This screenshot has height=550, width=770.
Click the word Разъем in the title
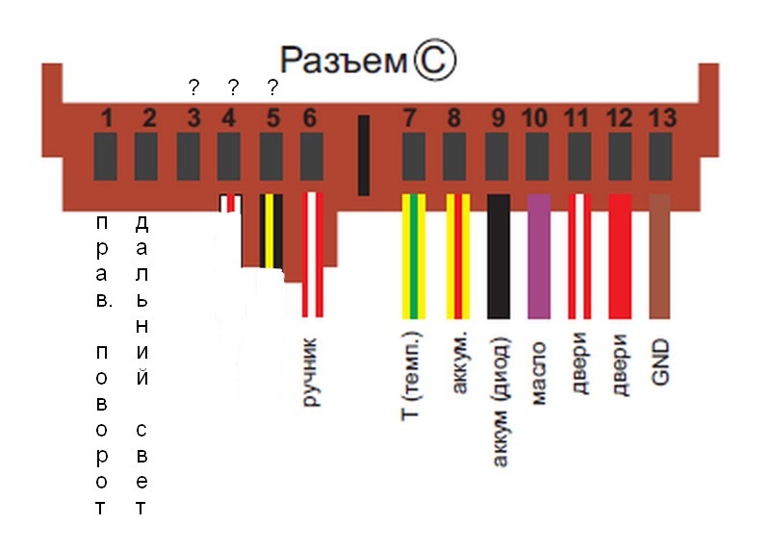click(343, 62)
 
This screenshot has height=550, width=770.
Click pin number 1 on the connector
click(106, 119)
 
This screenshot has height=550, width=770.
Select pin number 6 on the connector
click(309, 119)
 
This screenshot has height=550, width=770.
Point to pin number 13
click(659, 119)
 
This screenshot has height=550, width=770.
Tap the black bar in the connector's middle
click(364, 154)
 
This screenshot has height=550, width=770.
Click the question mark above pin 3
click(193, 88)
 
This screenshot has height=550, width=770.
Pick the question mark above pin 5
click(272, 88)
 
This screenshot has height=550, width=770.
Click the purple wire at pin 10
click(539, 256)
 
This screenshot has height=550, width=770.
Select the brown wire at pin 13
click(659, 256)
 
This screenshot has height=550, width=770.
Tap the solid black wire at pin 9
click(499, 256)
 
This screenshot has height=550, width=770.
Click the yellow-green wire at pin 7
click(413, 256)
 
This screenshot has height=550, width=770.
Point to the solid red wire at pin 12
click(620, 256)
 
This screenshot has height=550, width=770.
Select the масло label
click(539, 370)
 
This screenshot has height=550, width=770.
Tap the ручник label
click(311, 371)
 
